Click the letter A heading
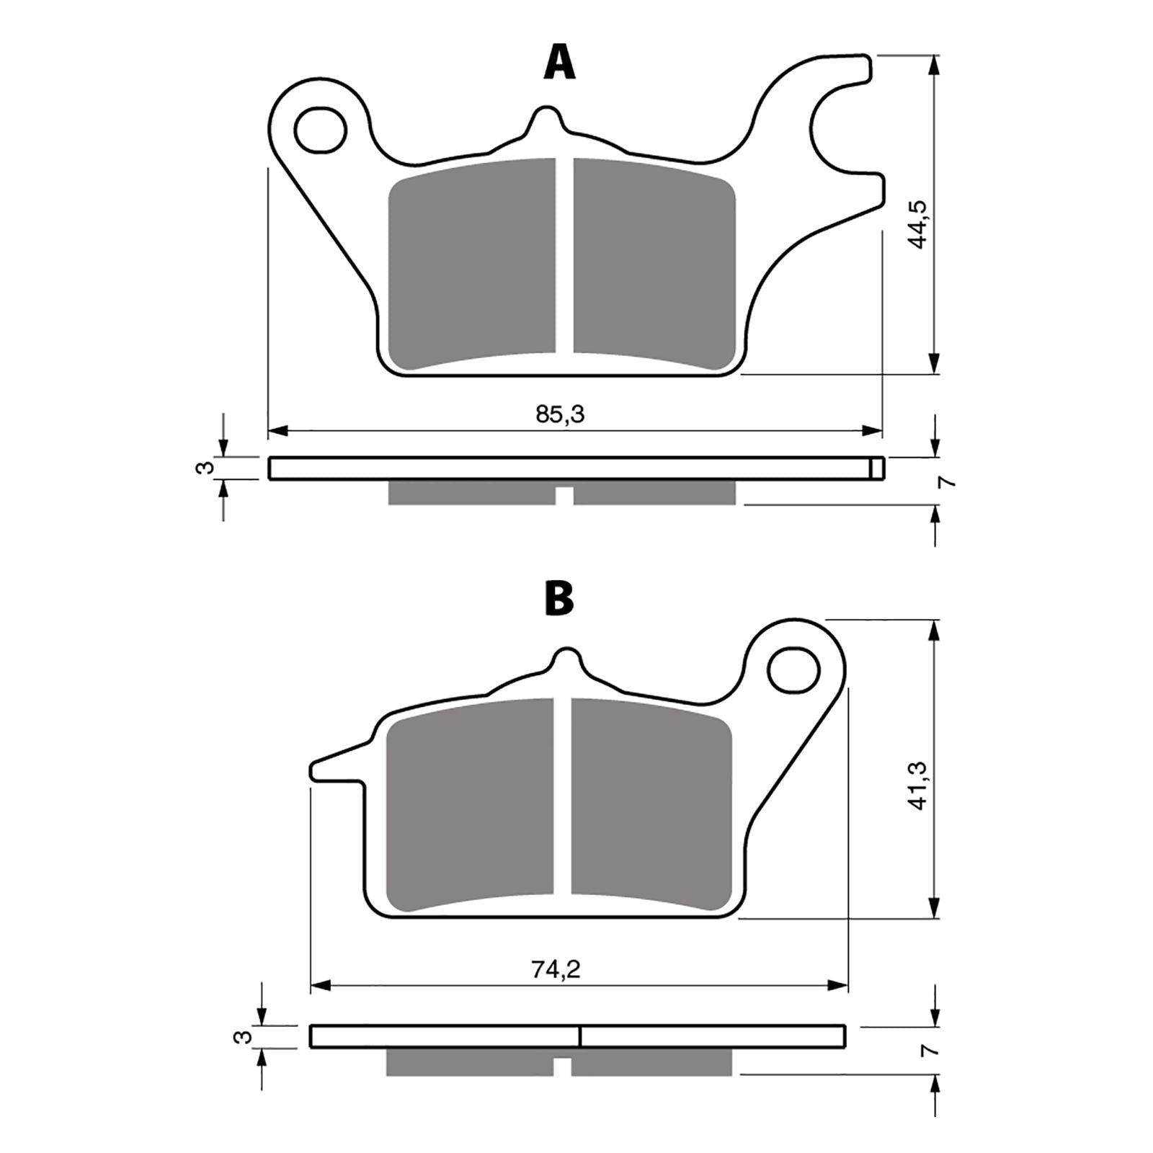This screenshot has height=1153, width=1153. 559,63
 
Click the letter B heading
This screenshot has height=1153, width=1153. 559,599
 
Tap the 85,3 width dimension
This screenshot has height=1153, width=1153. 559,414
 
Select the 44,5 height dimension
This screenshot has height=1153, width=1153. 919,224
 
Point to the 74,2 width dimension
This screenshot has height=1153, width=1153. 556,970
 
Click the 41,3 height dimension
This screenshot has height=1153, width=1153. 919,785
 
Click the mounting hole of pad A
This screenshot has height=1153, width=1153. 321,130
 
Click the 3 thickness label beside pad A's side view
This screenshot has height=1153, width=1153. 205,468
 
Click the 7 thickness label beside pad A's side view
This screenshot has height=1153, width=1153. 948,481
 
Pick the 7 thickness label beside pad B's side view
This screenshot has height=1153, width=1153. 934,1050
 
